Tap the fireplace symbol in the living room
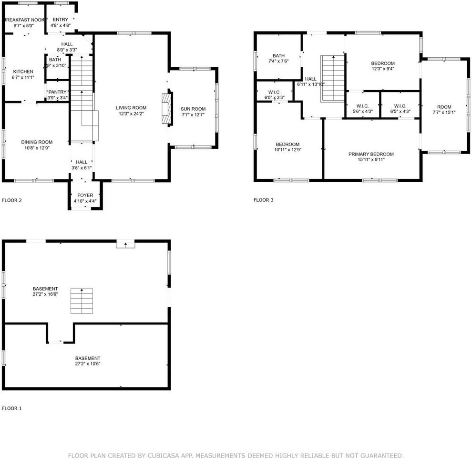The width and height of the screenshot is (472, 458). point(165,109)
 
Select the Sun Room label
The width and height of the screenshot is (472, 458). point(193,109)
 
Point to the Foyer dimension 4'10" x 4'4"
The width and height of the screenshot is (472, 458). point(85,201)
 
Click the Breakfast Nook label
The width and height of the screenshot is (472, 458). point(24,20)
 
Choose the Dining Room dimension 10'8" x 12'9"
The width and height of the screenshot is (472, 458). point(37,148)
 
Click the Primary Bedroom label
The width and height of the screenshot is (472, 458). point(371,154)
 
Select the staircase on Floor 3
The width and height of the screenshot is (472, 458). point(332,78)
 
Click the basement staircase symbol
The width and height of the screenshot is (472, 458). point(82,301)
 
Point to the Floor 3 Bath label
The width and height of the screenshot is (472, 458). point(278,56)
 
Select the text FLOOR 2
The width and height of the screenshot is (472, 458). point(12,200)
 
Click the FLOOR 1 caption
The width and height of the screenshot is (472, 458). point(12,408)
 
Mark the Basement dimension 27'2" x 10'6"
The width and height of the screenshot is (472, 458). point(88,364)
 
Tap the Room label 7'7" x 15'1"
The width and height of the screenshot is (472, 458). point(444,107)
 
